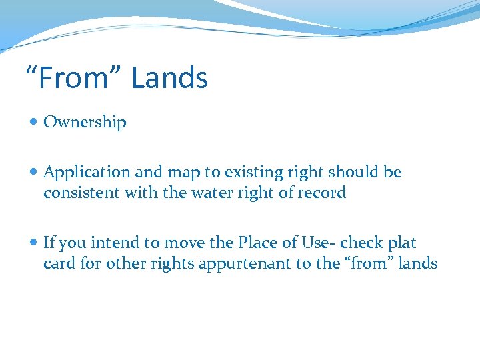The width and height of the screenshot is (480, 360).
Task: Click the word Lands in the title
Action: (169, 78)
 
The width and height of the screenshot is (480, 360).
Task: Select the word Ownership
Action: (85, 122)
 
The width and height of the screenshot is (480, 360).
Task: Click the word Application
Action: (87, 173)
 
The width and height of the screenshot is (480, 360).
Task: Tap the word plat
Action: (402, 243)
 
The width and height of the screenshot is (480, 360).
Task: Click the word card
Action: (58, 263)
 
